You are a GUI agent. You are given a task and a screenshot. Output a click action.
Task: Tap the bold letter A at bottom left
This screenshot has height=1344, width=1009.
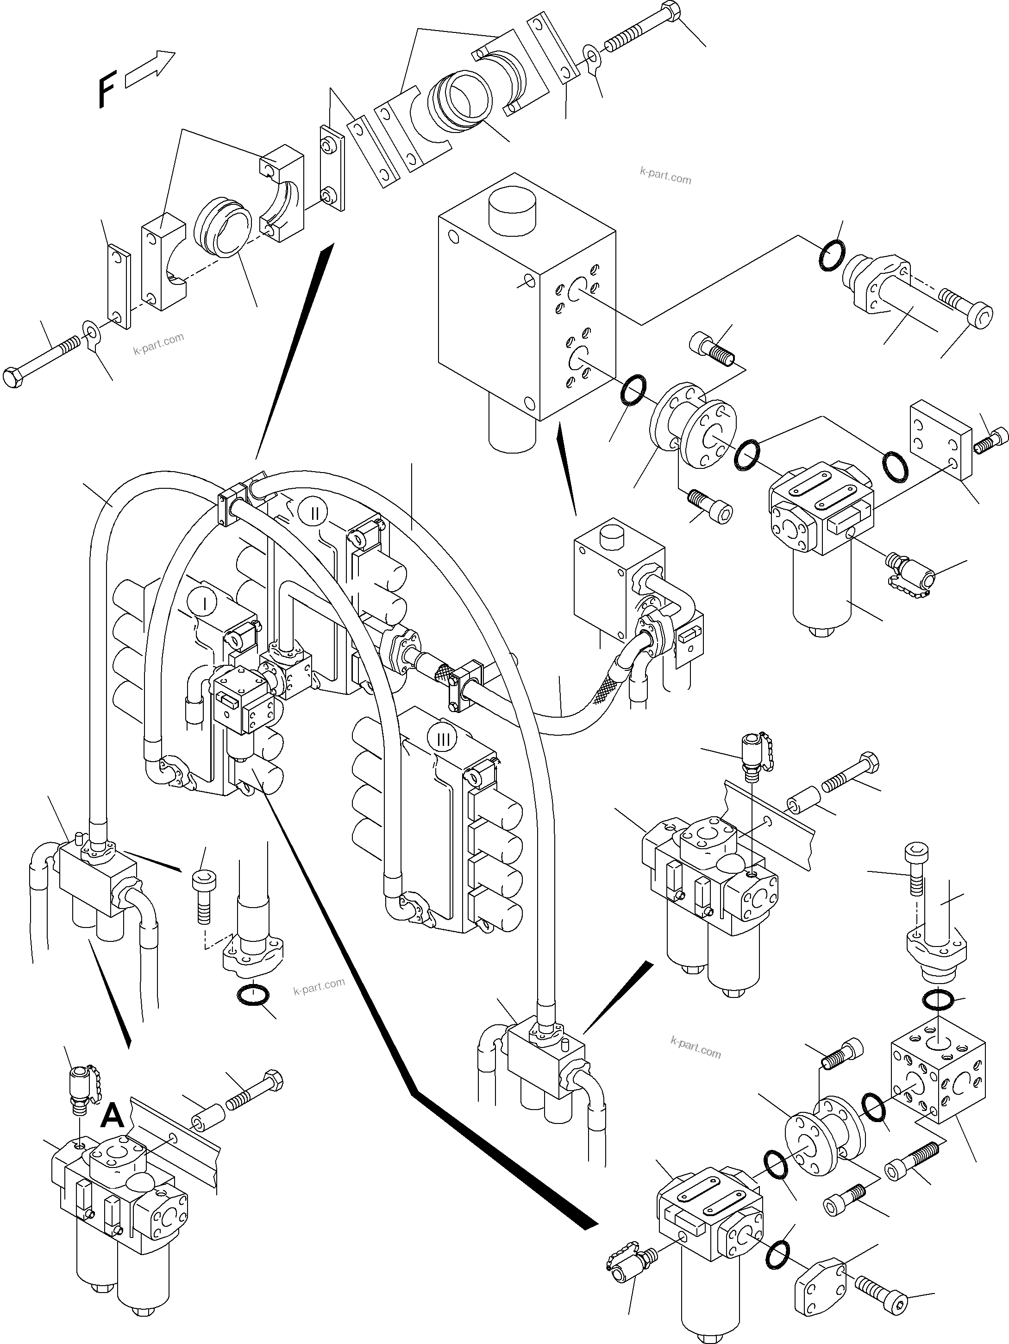113,1116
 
